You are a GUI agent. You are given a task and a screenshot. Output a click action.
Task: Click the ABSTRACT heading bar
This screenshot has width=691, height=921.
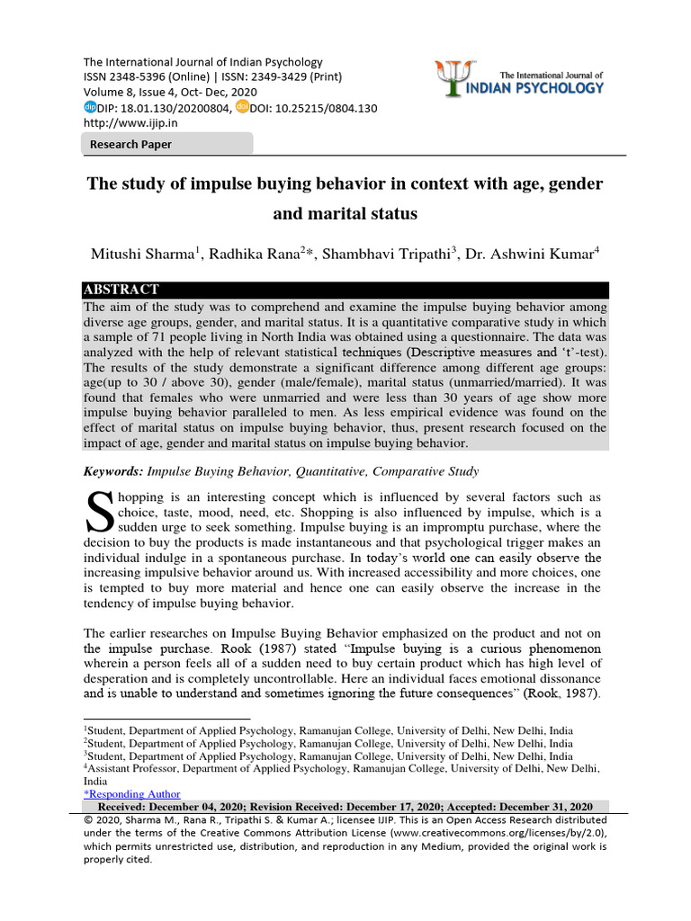[x=121, y=290]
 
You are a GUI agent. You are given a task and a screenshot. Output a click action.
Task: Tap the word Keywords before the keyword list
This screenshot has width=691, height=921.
[x=112, y=471]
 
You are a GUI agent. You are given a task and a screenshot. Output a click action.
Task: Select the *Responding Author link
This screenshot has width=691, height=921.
[x=131, y=794]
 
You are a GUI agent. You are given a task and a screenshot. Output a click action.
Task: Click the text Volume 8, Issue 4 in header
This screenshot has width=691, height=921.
[x=132, y=93]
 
